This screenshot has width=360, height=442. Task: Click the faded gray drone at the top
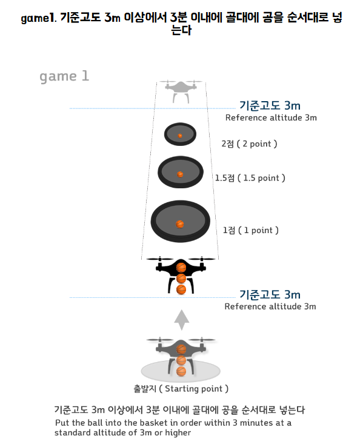(181, 91)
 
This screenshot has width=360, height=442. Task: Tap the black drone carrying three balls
(181, 275)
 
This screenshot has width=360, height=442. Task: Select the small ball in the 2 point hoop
(180, 136)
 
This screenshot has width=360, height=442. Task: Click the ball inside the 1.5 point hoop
(180, 174)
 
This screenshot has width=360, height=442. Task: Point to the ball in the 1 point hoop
(180, 224)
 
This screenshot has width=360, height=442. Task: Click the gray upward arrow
(181, 320)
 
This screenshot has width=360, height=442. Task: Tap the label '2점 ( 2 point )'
(249, 143)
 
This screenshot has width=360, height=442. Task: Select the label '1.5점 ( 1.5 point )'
(250, 178)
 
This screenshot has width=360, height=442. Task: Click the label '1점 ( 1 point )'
(250, 230)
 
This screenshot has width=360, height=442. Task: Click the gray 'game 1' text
(64, 76)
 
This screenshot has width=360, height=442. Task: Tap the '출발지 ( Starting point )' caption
(181, 389)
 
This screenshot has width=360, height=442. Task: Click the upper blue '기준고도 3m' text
(270, 105)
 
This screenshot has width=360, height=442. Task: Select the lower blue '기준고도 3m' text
(270, 295)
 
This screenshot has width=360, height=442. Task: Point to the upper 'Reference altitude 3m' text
(271, 117)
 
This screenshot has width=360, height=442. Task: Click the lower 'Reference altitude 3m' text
(270, 306)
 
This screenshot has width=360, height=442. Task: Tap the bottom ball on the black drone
(181, 289)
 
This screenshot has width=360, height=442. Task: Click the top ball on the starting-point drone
(181, 349)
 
